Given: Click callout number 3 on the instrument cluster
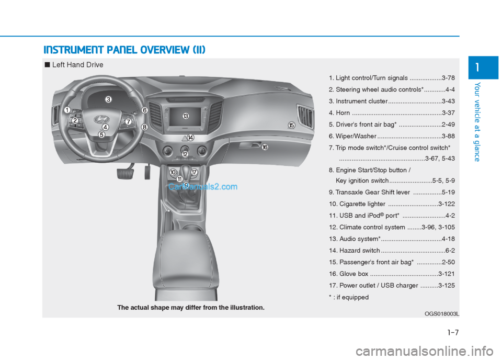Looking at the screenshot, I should coord(108,99).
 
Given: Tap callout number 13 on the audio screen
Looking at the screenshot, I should coord(185,116).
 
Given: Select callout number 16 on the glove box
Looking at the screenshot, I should coord(265,148).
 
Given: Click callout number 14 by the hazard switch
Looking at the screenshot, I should coord(190,138).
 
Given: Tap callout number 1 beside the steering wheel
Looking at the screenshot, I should coord(67,110).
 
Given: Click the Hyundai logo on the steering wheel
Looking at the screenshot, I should coord(99,119).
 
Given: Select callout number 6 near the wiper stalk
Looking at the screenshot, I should coord(144,110).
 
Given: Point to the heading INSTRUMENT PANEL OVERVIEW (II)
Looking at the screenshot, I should coord(124,50).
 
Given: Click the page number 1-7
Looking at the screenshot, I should coord(453,331).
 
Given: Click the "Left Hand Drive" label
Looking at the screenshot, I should coord(78,65).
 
